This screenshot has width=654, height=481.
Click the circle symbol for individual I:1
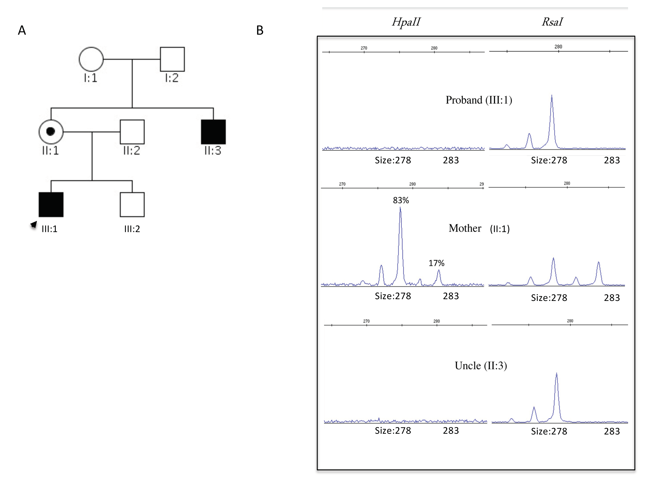91,59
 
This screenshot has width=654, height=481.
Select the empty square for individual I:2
172,59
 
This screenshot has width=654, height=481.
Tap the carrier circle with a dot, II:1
51,132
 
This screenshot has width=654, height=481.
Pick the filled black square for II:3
213,132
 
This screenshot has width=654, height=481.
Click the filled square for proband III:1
51,204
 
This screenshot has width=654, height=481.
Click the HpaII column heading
406,22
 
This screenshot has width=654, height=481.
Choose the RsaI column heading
552,22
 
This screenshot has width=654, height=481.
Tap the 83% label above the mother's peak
401,200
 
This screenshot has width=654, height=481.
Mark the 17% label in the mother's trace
436,263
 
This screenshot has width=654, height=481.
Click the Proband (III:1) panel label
479,100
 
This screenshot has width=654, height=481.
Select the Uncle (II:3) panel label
481,365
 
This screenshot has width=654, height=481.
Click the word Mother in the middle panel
465,228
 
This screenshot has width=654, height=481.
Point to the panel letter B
260,30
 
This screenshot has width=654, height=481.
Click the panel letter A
22,30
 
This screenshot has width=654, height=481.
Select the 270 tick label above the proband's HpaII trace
364,48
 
